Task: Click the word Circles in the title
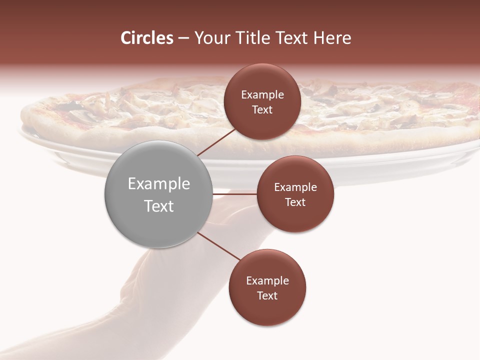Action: click(146, 38)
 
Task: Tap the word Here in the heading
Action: click(332, 38)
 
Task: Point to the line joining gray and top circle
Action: click(216, 141)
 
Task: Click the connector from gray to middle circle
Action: click(234, 194)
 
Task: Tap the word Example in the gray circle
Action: click(159, 184)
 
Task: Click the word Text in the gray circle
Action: click(159, 206)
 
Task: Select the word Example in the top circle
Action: click(262, 95)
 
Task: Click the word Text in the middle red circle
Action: click(295, 202)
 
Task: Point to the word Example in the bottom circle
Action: click(267, 281)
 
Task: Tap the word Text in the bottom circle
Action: click(267, 296)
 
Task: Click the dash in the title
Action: click(183, 38)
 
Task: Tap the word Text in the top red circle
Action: click(262, 110)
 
